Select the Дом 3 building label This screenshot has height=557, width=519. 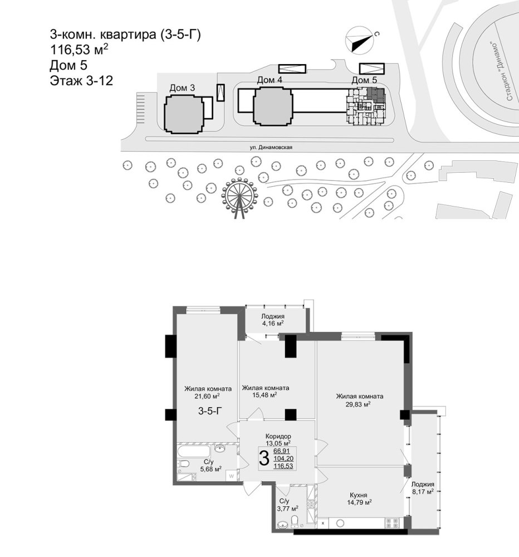point(182,88)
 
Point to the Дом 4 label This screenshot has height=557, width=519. point(270,80)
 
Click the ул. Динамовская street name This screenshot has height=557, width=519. point(270,147)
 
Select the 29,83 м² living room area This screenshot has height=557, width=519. point(359,404)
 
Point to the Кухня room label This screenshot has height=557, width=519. point(359,495)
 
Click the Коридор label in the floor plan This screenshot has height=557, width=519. point(278,436)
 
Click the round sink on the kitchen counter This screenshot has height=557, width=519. point(340,522)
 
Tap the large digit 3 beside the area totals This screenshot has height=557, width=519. point(264,458)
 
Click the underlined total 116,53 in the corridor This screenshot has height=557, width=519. point(283,465)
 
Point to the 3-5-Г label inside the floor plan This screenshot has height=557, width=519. point(210,412)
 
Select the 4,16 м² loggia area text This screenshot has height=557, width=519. point(272,323)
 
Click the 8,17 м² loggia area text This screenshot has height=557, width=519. point(423,492)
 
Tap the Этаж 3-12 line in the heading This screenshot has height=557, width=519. point(81,81)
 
